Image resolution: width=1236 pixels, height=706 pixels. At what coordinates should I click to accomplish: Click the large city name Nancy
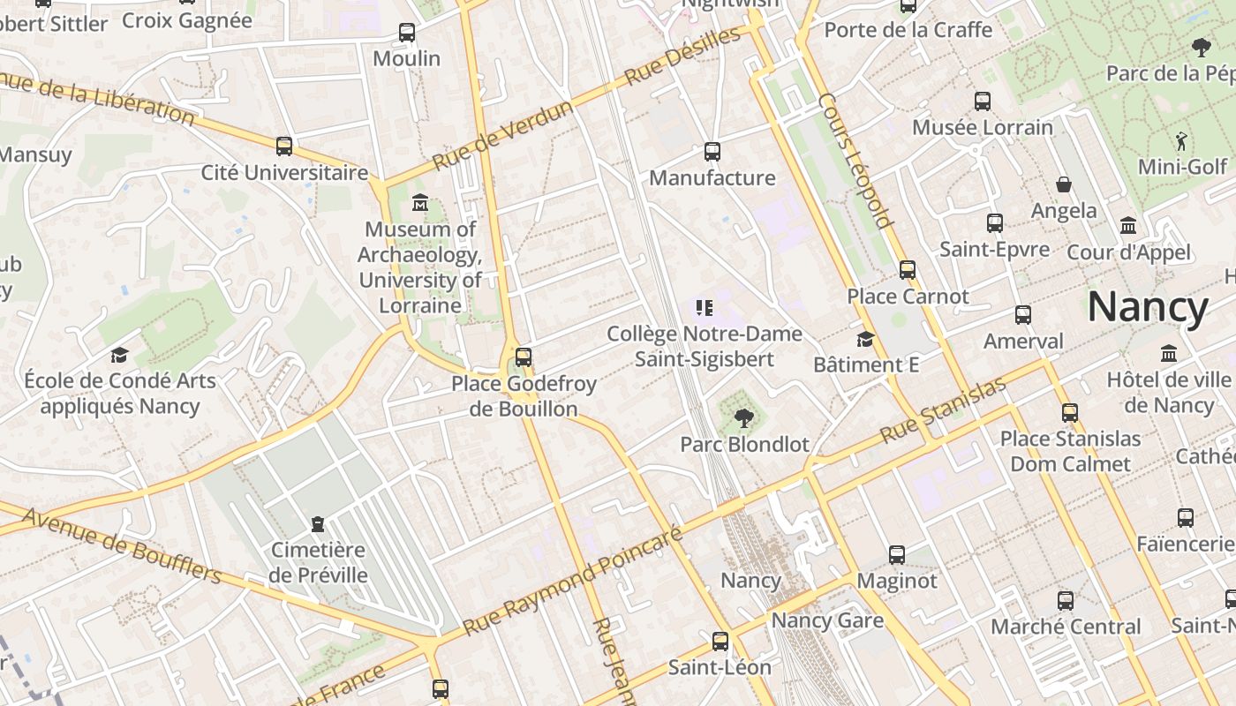(x=1148, y=307)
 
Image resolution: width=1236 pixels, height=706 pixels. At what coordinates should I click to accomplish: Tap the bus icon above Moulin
(x=407, y=33)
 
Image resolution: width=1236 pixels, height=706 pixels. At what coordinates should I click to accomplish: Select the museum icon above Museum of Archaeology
(x=420, y=204)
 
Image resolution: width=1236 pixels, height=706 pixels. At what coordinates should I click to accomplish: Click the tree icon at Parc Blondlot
(x=744, y=417)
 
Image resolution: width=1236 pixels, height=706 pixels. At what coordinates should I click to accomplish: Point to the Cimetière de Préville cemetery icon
(x=318, y=524)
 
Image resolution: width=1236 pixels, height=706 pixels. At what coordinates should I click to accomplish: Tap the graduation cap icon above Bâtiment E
(x=865, y=339)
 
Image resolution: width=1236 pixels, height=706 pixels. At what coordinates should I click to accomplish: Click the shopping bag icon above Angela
(x=1064, y=184)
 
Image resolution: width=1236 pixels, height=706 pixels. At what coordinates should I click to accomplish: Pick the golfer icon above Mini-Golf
(x=1181, y=140)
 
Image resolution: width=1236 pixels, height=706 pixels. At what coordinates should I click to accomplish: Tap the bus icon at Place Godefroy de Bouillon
(x=524, y=357)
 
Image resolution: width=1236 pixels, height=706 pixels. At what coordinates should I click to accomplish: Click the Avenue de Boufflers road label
(x=122, y=545)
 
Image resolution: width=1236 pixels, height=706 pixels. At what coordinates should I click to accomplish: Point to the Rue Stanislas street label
(x=943, y=410)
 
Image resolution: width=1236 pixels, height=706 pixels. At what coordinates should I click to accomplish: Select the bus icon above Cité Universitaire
(x=284, y=146)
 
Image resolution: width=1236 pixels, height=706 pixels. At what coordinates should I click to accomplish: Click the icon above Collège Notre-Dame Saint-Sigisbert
(x=704, y=308)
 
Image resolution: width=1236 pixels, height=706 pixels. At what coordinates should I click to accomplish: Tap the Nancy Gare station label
(x=827, y=620)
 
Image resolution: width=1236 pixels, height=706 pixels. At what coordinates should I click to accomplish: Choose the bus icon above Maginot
(x=897, y=555)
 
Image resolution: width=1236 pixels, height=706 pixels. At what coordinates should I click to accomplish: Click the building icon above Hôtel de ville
(x=1169, y=354)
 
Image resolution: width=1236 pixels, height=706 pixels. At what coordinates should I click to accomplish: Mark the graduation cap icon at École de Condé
(x=119, y=355)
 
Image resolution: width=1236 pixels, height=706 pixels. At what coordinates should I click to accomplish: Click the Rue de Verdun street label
(x=502, y=135)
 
